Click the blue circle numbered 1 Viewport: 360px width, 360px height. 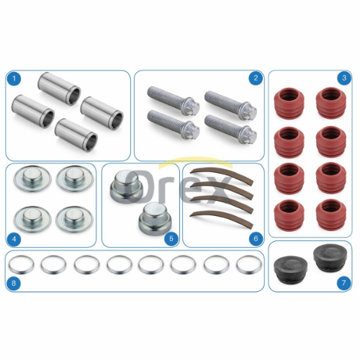pyautogui.click(x=14, y=78)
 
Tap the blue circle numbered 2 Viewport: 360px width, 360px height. pyautogui.click(x=256, y=78)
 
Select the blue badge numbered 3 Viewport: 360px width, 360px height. pyautogui.click(x=344, y=78)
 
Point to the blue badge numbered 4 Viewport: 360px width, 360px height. pyautogui.click(x=14, y=239)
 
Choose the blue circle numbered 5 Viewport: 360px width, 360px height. pyautogui.click(x=171, y=238)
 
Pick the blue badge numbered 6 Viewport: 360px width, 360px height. pyautogui.click(x=256, y=238)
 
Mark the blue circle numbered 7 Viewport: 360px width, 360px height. pyautogui.click(x=343, y=283)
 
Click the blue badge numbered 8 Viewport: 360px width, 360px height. pyautogui.click(x=14, y=283)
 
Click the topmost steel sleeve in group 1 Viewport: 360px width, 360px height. pyautogui.click(x=59, y=89)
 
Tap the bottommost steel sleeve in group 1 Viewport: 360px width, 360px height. pyautogui.click(x=76, y=135)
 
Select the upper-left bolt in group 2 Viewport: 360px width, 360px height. pyautogui.click(x=173, y=102)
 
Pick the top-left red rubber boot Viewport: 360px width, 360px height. pyautogui.click(x=289, y=103)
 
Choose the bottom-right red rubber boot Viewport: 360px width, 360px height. pyautogui.click(x=331, y=215)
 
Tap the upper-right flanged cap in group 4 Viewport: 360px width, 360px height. pyautogui.click(x=75, y=179)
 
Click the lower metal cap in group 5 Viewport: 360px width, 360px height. pyautogui.click(x=155, y=219)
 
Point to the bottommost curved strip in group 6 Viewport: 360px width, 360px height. pyautogui.click(x=222, y=219)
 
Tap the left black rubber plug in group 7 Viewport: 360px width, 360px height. pyautogui.click(x=291, y=269)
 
